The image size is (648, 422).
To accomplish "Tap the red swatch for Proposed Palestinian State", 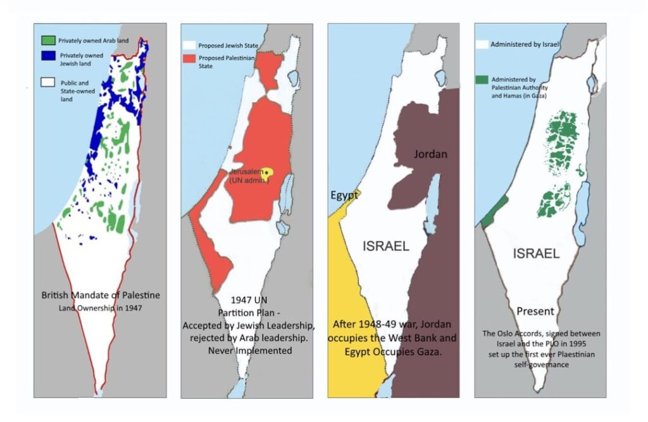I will coord(189,58).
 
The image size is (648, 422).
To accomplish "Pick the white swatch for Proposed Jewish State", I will coord(189,46).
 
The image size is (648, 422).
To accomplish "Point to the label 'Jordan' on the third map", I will coord(430,154).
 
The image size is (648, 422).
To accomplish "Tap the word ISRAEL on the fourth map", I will coord(536,254).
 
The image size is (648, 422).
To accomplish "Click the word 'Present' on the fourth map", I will coord(535,311).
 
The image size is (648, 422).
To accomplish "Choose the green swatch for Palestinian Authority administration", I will coord(482,79).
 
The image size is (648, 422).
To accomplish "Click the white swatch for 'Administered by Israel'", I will coord(482,45).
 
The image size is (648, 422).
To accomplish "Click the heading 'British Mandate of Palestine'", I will coord(101,295).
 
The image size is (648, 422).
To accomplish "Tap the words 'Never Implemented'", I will coord(249,350).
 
